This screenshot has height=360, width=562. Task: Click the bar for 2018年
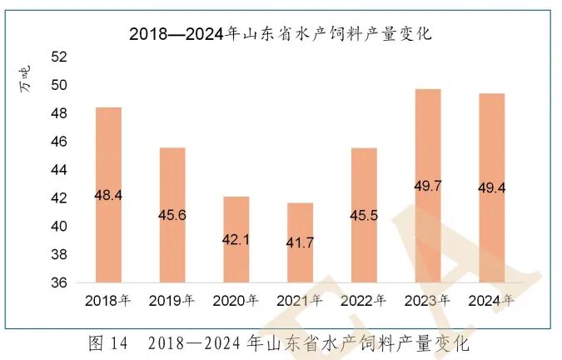coord(108,195)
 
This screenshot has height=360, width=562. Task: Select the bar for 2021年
coord(300,242)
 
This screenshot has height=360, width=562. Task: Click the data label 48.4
coord(108,195)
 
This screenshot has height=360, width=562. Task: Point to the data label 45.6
coord(172,215)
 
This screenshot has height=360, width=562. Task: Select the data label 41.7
coord(300,242)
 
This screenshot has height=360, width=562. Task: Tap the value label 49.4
coord(491,187)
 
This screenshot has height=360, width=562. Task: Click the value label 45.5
coord(364,215)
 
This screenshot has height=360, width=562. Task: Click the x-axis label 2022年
coord(365,300)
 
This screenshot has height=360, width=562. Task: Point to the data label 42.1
coord(236,239)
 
